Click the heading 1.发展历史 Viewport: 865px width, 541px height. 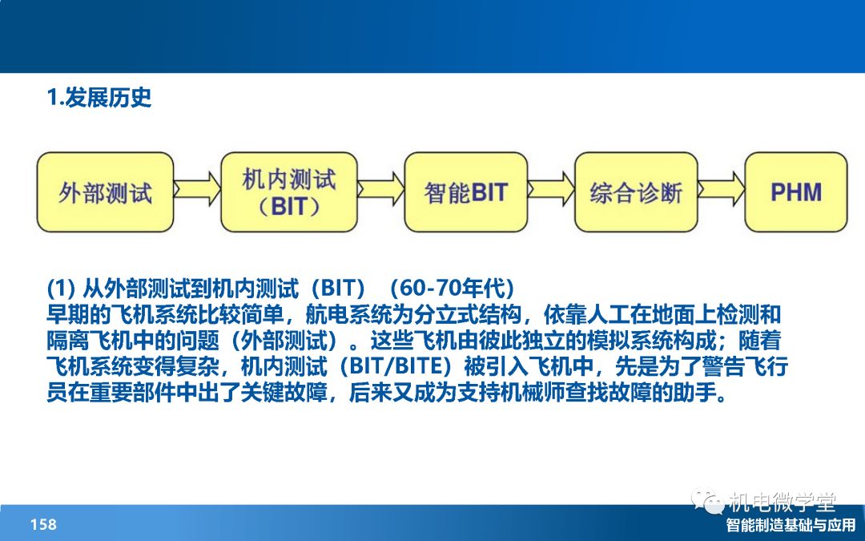coord(99,98)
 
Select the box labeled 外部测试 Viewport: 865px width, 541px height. coord(106,192)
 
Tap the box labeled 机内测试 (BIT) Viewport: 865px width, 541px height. coord(289,192)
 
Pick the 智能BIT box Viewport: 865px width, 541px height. coord(466,192)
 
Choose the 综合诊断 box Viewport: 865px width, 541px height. coord(636,192)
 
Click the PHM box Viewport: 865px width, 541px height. coord(796,192)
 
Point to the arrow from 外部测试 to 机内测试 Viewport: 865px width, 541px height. coord(197,189)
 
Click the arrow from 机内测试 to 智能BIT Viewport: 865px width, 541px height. coord(380,189)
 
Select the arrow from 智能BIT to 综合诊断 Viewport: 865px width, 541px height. coord(551,189)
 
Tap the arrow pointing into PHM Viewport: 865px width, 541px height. coord(721,189)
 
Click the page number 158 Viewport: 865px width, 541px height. coord(43,524)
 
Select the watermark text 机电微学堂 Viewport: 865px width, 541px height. coord(783,502)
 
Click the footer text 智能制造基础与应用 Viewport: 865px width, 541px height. coord(791,525)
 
